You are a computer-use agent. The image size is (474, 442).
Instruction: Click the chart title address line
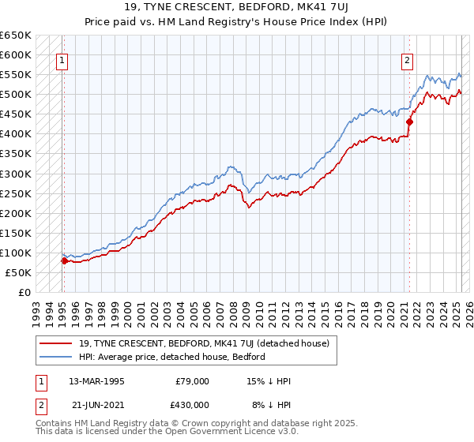236,7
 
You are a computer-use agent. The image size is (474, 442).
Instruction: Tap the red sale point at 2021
410,122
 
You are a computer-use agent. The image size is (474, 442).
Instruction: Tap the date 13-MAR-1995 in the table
96,381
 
